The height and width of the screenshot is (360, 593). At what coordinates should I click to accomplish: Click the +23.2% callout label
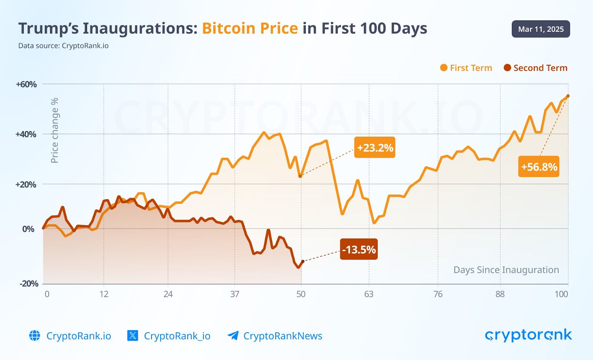375,147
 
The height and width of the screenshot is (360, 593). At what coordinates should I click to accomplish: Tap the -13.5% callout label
359,249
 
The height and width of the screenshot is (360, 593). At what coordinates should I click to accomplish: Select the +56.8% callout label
539,167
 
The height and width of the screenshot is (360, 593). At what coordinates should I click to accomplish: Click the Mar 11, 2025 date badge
541,29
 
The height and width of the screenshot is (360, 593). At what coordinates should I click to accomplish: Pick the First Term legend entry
466,68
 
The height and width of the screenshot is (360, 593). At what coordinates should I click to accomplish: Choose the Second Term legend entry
536,68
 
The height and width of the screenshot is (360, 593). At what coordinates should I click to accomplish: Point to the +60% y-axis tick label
26,84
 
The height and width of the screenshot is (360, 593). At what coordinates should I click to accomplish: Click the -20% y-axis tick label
29,284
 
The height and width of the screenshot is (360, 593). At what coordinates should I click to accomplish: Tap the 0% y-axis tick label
28,229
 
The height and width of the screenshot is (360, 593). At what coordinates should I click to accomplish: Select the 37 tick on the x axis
235,294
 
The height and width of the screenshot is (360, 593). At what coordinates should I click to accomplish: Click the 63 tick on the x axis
368,294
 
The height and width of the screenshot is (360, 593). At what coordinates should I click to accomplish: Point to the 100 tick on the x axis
561,294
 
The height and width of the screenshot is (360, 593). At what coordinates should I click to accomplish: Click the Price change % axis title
54,130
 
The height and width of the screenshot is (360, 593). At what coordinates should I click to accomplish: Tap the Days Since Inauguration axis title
506,270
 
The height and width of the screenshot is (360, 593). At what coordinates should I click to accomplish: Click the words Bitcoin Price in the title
250,29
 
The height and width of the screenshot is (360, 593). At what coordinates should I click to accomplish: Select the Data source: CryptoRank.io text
63,46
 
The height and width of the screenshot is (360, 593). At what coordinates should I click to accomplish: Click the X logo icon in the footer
133,336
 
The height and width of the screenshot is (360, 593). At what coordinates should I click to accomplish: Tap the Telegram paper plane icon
233,336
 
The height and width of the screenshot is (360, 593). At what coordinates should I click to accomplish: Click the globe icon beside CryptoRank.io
34,336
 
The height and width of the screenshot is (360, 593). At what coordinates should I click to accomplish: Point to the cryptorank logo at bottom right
528,335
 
